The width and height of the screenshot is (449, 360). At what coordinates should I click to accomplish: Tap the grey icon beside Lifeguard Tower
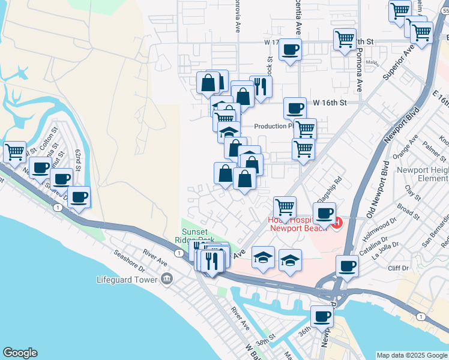(167, 279)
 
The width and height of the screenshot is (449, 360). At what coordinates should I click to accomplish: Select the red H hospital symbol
(337, 224)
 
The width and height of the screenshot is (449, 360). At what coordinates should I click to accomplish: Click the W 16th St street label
(330, 103)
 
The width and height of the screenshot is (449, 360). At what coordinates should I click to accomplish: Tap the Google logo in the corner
(20, 353)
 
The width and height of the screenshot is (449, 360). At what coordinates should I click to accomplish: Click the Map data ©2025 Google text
(412, 355)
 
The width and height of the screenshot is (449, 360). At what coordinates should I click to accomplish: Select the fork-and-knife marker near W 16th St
(261, 86)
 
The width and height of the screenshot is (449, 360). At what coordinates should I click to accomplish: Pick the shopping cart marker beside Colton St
(14, 151)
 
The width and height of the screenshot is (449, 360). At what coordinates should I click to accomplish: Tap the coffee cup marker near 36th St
(322, 316)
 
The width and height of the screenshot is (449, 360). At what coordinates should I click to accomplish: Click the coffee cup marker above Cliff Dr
(347, 266)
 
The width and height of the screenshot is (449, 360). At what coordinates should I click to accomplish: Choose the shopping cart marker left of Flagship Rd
(285, 207)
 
